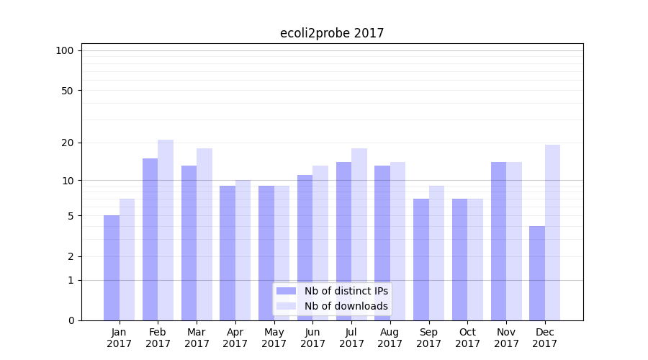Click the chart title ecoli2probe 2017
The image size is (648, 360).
coord(332,33)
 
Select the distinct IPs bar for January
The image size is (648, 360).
coord(112,268)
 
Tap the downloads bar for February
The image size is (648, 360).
coord(166,230)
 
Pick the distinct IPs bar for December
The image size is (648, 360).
coord(537,274)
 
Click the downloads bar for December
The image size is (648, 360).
coord(553,233)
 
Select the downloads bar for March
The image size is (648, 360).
coord(204,235)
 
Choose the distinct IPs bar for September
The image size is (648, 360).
coord(421,259)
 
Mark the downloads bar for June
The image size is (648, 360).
coord(320,243)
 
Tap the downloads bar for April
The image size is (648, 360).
coord(243,251)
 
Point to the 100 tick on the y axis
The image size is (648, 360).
coord(65,50)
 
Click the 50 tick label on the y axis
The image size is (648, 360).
coord(67,91)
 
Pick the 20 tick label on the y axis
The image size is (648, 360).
coord(67,143)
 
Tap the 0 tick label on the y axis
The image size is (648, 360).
coord(71,320)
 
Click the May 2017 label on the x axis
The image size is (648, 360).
coord(274,338)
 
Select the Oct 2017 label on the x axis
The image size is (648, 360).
coord(468,338)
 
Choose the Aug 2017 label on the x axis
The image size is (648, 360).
coord(390,338)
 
